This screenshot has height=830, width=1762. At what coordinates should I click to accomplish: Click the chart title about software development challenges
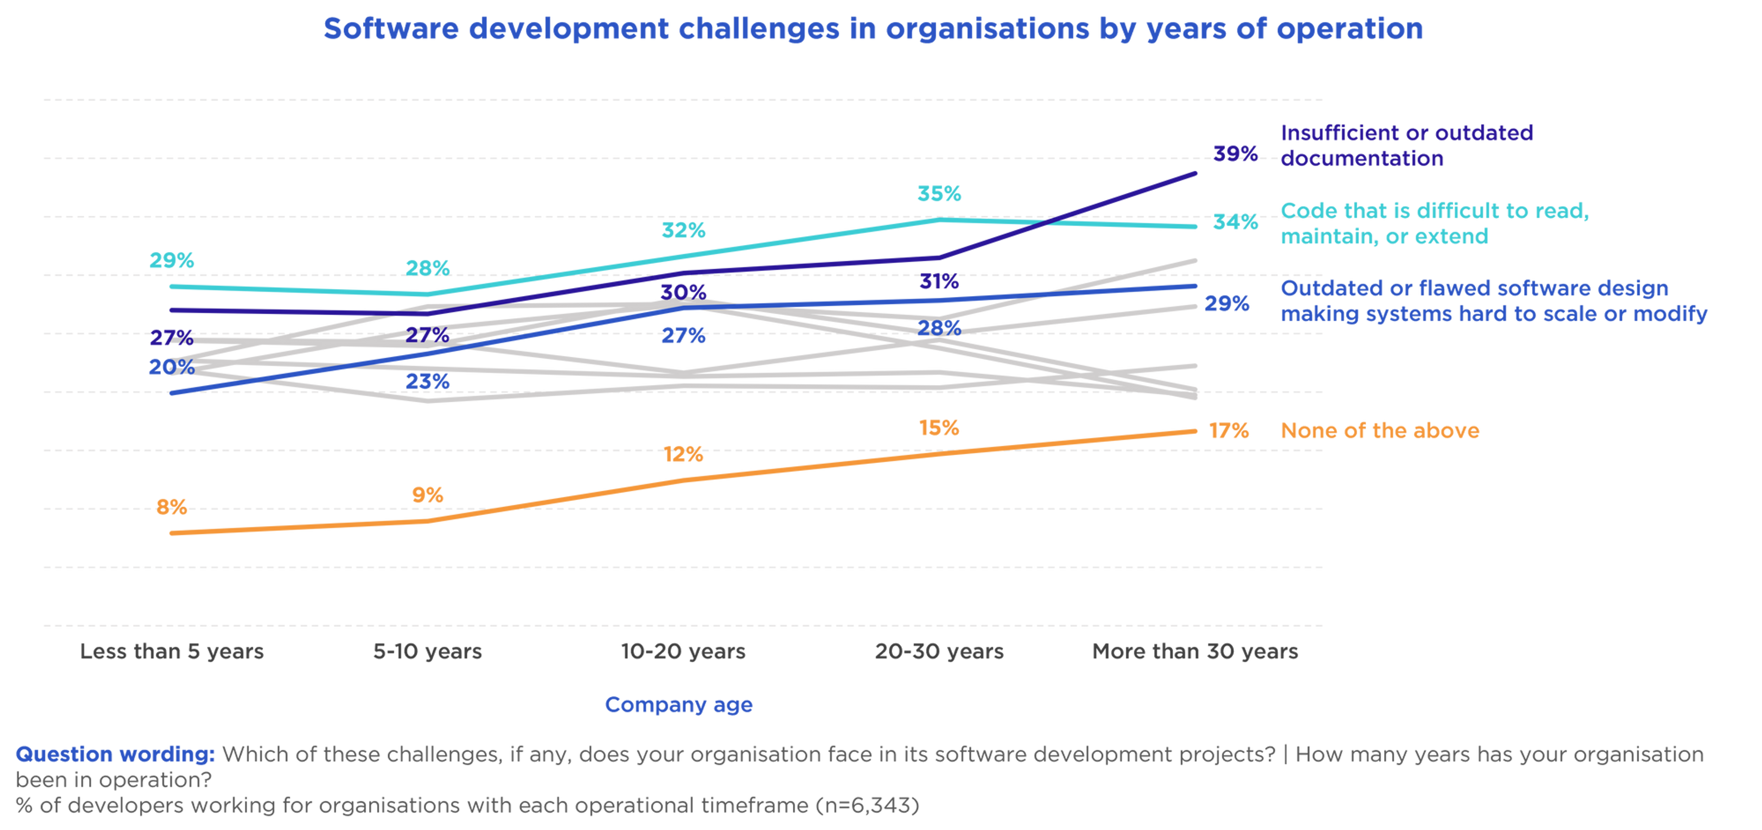click(874, 29)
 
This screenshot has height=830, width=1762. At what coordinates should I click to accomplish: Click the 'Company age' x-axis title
click(678, 704)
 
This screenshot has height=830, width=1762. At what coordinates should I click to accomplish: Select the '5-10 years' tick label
click(428, 651)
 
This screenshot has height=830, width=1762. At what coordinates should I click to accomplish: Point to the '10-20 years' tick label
click(683, 651)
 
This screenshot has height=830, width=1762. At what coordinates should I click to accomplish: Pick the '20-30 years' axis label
click(939, 651)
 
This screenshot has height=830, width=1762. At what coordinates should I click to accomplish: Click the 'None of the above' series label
click(1379, 431)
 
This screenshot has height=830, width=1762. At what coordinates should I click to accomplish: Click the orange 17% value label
click(1229, 431)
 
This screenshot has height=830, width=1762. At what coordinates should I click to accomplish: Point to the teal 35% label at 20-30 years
click(939, 195)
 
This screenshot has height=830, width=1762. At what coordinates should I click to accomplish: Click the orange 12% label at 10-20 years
click(683, 454)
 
